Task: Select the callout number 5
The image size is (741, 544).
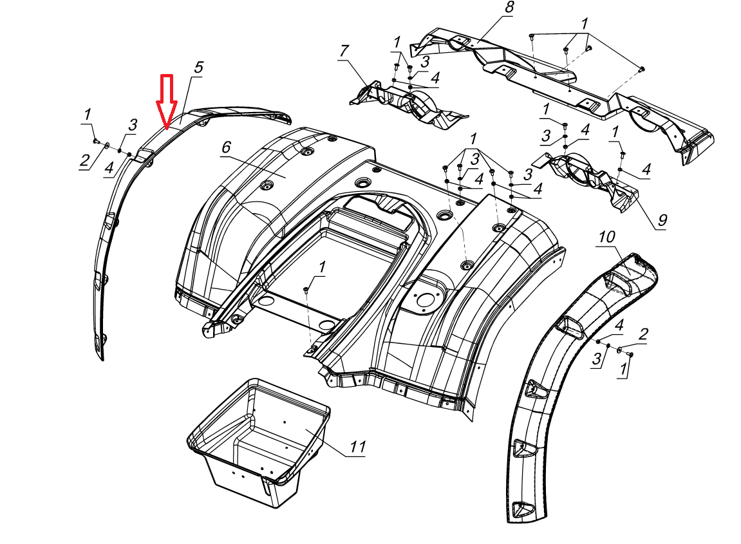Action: click(x=198, y=68)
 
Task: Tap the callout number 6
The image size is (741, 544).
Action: click(x=225, y=147)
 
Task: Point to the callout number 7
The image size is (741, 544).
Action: click(x=344, y=51)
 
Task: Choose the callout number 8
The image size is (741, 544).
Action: click(x=509, y=8)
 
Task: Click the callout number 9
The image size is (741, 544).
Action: click(x=662, y=220)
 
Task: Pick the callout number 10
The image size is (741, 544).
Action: click(x=607, y=238)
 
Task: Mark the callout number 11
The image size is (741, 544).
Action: click(x=357, y=447)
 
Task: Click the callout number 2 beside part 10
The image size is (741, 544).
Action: click(x=643, y=333)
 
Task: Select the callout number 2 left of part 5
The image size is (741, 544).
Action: click(x=84, y=160)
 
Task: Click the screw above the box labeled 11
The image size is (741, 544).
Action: click(x=307, y=291)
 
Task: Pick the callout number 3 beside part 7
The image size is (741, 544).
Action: click(x=425, y=62)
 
